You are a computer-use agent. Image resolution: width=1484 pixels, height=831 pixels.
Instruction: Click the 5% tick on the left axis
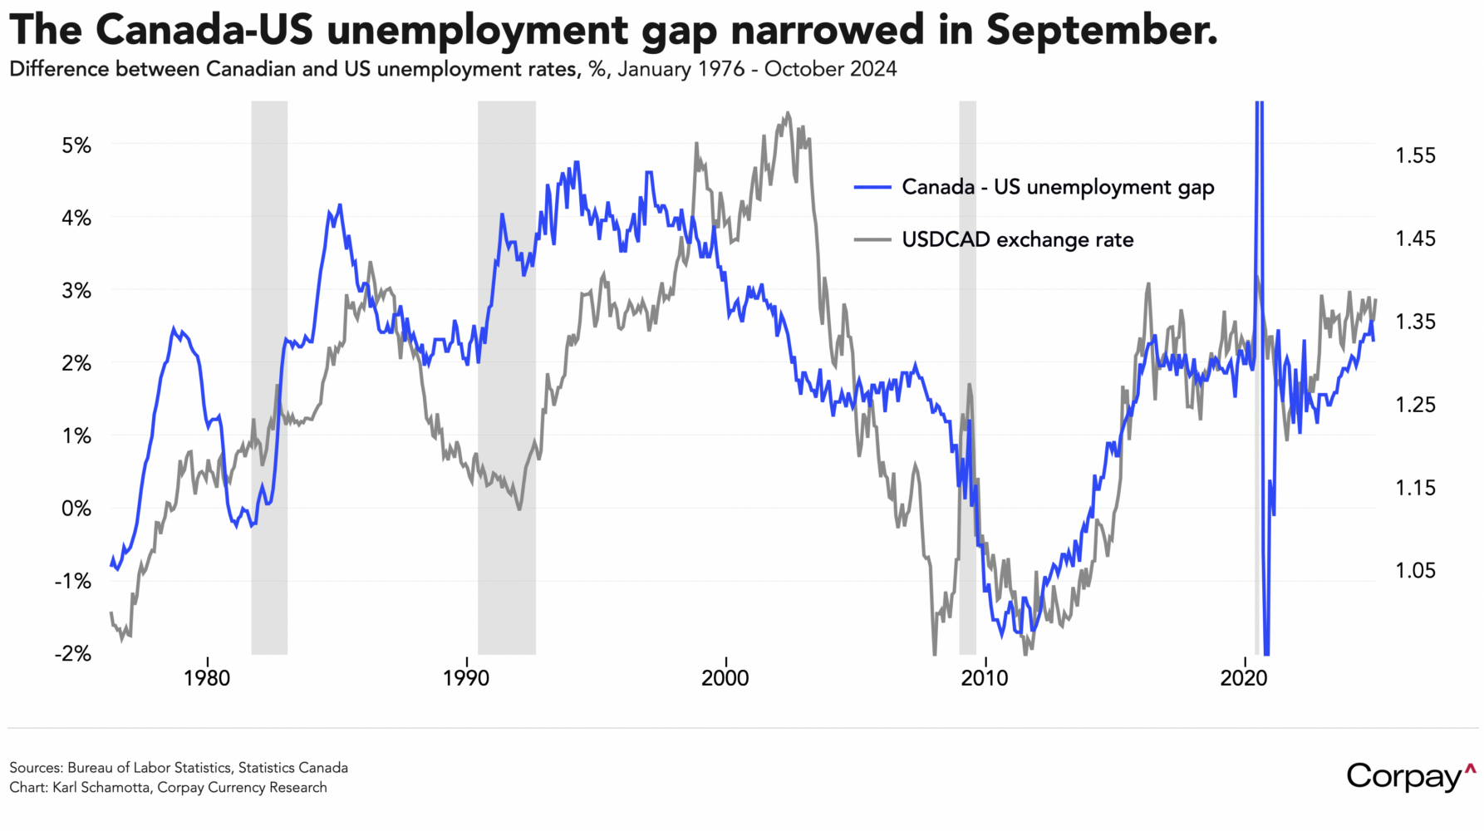point(76,145)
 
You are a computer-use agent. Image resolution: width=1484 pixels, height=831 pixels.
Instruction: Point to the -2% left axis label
point(72,654)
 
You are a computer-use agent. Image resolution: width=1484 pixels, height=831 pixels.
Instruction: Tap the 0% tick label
point(76,509)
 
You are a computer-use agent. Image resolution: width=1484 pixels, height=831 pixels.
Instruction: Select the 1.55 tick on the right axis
point(1414,155)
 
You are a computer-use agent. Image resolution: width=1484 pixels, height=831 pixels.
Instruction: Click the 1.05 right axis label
point(1414,571)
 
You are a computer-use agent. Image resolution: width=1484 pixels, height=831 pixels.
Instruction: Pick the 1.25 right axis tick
point(1414,405)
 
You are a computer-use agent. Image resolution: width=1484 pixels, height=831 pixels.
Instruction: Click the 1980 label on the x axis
point(207,678)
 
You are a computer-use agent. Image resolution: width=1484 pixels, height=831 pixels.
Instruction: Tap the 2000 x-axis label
point(725,678)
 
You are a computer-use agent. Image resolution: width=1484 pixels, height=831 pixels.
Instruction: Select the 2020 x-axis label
point(1244,678)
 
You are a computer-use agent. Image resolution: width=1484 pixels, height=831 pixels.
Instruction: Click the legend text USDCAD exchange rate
point(1018,240)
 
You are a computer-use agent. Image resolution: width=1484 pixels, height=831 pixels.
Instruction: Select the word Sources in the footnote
point(35,768)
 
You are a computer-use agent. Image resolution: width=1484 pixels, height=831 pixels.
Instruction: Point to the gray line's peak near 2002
point(787,114)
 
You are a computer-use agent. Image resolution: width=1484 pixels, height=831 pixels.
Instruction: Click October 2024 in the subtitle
point(830,69)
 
